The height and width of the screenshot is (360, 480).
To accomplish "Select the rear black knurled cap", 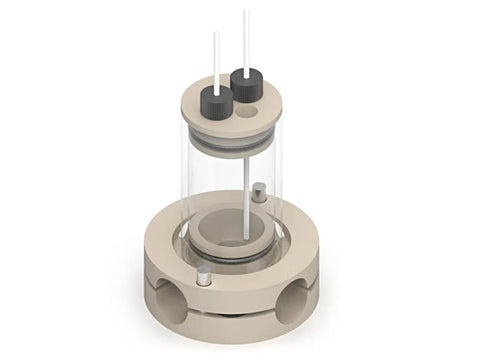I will [x=246, y=83].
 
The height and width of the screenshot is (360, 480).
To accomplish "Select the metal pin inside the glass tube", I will [x=258, y=192].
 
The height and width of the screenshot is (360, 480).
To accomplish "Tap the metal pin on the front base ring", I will [x=203, y=278].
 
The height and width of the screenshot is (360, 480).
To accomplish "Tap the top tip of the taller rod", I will [x=245, y=12].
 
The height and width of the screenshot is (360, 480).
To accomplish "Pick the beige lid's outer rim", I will [x=190, y=122].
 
